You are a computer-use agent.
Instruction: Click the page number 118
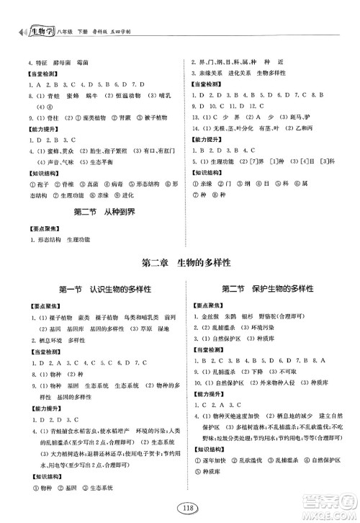coord(179,506)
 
